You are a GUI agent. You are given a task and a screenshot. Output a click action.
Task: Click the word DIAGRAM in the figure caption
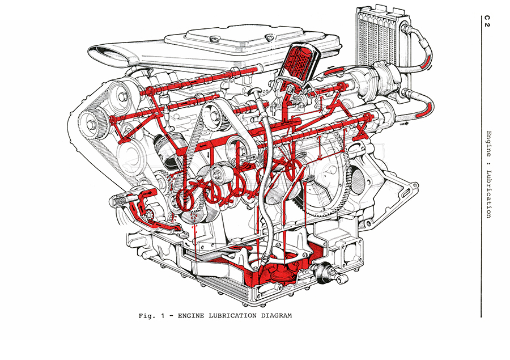[x=274, y=316]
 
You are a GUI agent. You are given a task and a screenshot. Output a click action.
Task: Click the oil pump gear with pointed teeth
[x=152, y=217]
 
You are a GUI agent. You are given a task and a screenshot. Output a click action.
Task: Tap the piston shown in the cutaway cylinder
[x=168, y=150]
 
